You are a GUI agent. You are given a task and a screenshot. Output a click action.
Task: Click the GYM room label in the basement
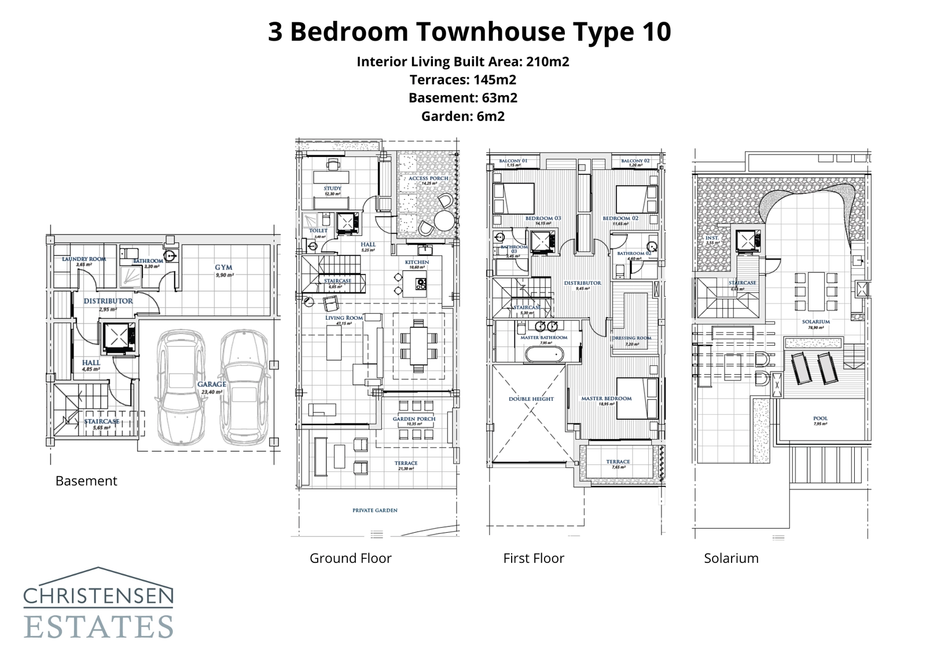click(223, 268)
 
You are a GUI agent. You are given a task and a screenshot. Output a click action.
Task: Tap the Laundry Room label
click(84, 259)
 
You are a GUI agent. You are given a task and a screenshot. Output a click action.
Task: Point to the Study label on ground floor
click(332, 188)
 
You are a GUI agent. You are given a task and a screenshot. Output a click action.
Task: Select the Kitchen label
click(417, 262)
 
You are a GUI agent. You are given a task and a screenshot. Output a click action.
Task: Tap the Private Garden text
click(374, 510)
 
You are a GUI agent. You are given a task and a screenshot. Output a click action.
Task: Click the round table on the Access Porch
click(444, 221)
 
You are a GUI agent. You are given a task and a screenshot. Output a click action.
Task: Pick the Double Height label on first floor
click(531, 399)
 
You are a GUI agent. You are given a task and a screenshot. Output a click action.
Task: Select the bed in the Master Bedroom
click(637, 398)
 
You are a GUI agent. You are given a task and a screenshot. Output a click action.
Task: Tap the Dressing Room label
click(631, 338)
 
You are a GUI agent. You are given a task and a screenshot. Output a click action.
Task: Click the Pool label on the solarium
click(820, 418)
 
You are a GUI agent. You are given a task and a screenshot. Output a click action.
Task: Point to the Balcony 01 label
click(513, 160)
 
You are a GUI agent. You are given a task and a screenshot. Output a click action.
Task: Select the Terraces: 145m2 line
click(462, 79)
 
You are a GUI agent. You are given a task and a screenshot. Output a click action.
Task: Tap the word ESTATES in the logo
click(98, 627)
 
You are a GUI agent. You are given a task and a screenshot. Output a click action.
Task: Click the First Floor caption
click(533, 558)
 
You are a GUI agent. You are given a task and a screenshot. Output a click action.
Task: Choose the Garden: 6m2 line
click(462, 116)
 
